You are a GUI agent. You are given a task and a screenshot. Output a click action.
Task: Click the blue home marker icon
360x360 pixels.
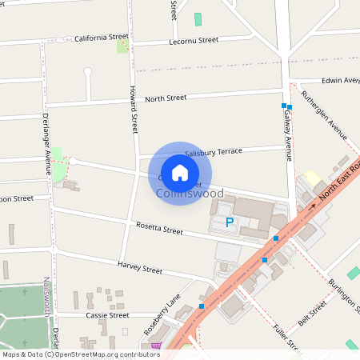pos(180,173)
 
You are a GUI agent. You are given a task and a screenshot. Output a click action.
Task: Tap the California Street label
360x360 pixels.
pos(102,38)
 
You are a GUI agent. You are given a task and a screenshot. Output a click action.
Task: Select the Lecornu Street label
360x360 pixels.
pos(194,40)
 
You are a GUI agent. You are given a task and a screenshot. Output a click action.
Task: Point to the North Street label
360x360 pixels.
pos(166,98)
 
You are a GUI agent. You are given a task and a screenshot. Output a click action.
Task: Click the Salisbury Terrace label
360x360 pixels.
pos(213,151)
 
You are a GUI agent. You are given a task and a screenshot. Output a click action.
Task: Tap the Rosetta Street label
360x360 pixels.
pos(159,230)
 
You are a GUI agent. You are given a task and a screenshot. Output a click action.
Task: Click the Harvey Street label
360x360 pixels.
pos(140,267)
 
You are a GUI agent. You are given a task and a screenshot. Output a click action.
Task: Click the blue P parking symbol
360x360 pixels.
pos(230,222)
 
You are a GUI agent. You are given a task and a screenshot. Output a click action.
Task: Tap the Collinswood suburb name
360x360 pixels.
pos(190,194)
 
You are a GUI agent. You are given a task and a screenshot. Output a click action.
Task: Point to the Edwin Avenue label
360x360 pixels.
pos(340,80)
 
